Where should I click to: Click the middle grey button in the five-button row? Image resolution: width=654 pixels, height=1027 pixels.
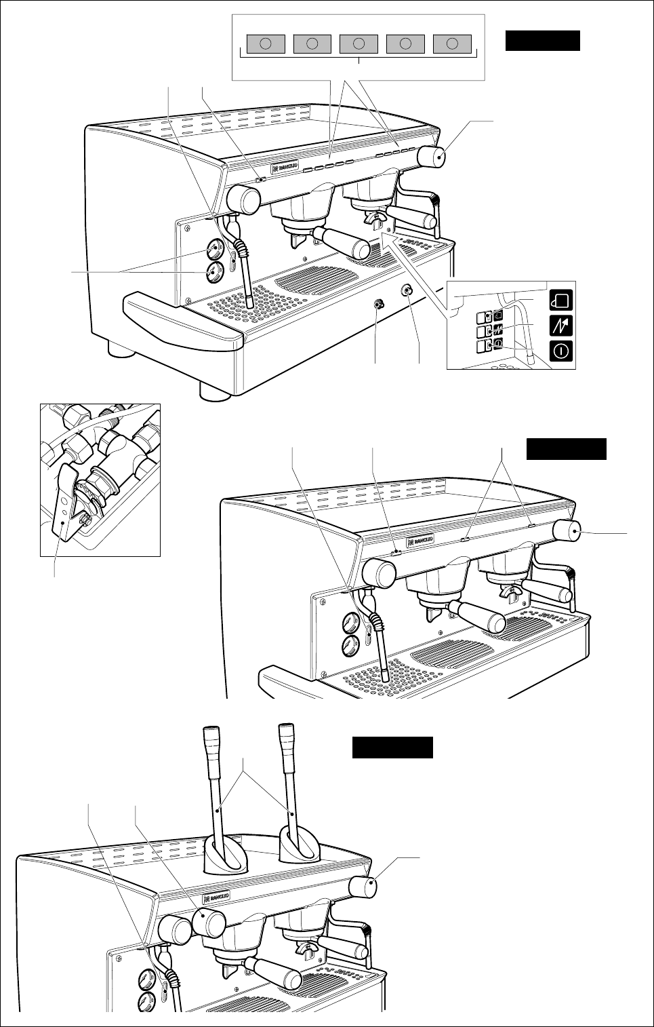pos(359,43)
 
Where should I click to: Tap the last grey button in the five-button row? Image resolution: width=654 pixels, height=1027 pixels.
pos(452,43)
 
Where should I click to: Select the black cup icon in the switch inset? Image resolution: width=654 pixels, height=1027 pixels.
pos(563,300)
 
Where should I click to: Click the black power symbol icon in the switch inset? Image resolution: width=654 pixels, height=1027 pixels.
pos(563,351)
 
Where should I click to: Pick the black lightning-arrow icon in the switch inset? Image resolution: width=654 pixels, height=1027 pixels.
pos(563,326)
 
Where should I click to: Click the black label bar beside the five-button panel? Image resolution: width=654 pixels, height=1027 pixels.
pos(542,41)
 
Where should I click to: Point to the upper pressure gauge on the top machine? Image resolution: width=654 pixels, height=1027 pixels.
pos(215,250)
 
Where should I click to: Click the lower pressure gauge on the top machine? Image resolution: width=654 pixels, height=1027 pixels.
pos(214,273)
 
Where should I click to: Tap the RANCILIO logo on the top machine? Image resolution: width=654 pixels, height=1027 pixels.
pos(281,168)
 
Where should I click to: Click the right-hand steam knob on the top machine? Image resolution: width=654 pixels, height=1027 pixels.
pos(432,157)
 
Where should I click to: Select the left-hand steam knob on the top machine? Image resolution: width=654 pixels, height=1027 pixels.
pos(244,199)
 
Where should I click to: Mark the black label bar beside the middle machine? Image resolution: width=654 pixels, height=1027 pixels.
pos(567,449)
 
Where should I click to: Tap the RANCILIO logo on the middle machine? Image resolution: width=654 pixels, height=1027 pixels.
pos(420,541)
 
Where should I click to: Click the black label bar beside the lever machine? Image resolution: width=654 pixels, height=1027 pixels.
pos(392,748)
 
